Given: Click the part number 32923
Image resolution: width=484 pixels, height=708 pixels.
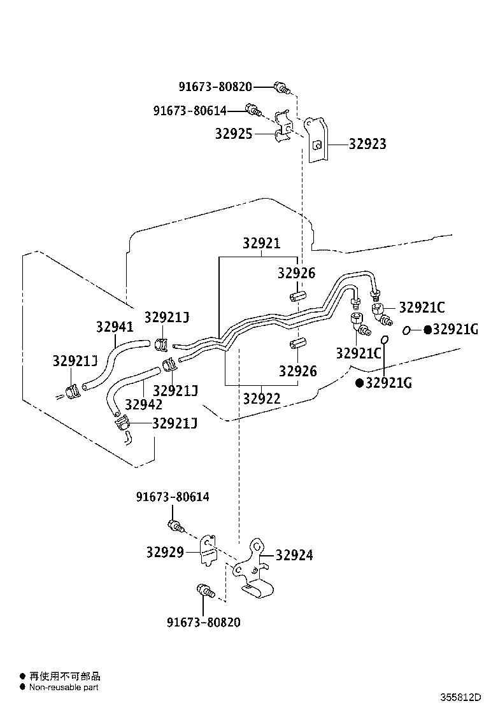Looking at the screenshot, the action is point(367,144).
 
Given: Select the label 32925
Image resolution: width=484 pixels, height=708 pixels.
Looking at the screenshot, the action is point(234,134).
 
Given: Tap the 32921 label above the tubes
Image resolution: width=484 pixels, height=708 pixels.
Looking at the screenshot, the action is point(261,243).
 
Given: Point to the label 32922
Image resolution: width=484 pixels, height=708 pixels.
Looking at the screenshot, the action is point(262,399).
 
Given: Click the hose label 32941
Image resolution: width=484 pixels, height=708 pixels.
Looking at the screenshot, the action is point(115,327).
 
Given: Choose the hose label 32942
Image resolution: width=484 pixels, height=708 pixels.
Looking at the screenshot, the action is point(143,404).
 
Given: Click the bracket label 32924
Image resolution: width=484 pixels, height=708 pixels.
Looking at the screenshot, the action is point(294,555).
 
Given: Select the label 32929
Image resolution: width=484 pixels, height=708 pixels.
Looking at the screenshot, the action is point(165,552).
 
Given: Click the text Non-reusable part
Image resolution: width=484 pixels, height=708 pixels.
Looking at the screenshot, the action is point(64,688).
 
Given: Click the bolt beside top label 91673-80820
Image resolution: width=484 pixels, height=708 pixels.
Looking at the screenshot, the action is point(281,88).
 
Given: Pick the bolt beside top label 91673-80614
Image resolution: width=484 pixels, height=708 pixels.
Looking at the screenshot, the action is point(253,110).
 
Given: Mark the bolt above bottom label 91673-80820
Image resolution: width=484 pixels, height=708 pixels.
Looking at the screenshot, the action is point(206,591).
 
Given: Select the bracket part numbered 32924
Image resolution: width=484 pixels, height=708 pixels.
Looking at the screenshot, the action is point(254,569).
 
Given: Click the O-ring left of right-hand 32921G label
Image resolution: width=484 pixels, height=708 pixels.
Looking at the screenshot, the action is point(406,330).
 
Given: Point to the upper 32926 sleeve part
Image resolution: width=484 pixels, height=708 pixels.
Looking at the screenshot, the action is point(297,297).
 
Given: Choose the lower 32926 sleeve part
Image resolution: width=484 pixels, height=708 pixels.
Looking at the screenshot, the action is point(297,343).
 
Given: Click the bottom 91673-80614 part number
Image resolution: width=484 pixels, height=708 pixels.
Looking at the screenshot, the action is point(173,497).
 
